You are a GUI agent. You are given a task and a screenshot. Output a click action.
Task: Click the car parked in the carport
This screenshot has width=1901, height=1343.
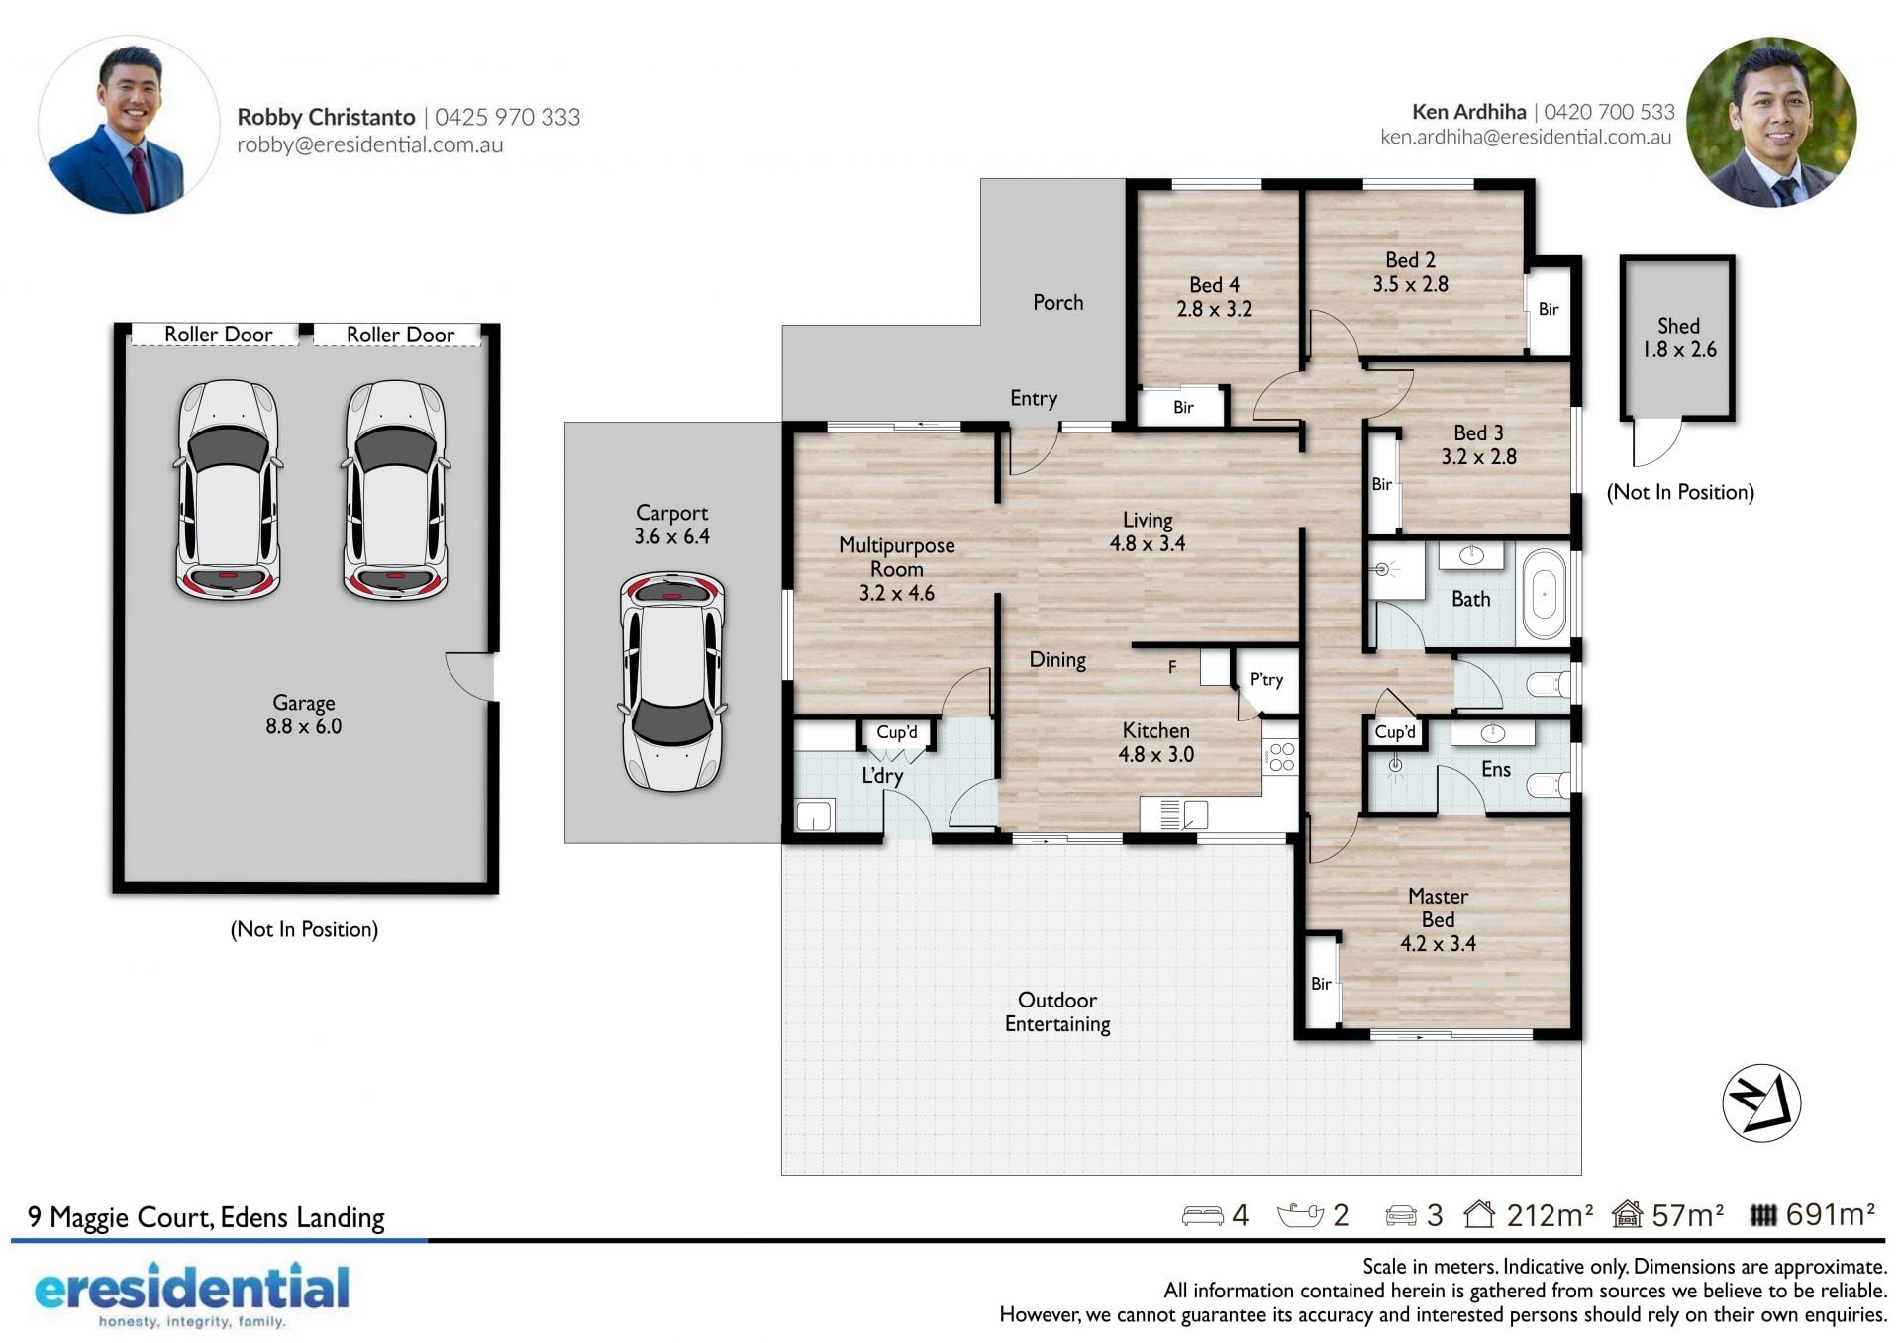point(672,681)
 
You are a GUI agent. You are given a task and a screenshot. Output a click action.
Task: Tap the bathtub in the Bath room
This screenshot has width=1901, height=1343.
point(1544,595)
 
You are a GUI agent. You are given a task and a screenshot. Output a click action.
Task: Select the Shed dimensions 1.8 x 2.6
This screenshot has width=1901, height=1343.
point(1679,349)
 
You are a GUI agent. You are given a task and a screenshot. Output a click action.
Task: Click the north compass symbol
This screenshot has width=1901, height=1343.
point(1761,1103)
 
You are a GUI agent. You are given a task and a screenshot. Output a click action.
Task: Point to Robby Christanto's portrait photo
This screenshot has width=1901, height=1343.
point(129,126)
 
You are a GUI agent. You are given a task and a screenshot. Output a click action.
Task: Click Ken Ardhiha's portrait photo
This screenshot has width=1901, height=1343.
point(1771,123)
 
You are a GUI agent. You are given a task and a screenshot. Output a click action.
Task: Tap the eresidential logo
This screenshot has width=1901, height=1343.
point(192,1295)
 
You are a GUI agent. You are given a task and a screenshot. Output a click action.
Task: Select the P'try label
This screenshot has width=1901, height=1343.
point(1266,679)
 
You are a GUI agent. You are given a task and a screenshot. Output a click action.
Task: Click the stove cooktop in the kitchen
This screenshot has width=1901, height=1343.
point(1281,757)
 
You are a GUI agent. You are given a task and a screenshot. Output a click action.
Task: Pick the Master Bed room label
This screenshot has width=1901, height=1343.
point(1438,908)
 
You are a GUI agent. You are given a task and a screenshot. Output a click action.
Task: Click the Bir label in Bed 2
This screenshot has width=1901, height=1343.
point(1549,309)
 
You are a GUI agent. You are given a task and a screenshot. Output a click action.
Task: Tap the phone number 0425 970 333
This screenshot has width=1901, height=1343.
point(508,117)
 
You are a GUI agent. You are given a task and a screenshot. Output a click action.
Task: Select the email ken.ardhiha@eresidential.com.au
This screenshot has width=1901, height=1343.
point(1526,138)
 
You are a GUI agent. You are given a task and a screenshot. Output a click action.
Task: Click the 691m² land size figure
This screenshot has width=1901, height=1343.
point(1830,1214)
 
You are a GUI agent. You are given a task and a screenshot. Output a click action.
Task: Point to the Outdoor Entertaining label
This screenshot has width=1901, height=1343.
point(1057,1011)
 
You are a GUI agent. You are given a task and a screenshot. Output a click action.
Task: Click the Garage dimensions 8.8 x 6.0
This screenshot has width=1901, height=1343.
point(303,726)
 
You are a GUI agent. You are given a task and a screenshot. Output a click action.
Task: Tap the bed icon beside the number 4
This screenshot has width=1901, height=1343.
point(1203,1215)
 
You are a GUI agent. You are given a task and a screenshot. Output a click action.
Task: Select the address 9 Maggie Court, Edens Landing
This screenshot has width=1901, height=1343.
point(206,1217)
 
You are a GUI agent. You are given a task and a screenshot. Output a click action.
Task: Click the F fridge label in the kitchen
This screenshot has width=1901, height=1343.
point(1172,667)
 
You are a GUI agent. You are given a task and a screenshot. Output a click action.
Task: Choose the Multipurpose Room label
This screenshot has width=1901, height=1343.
point(897,557)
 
